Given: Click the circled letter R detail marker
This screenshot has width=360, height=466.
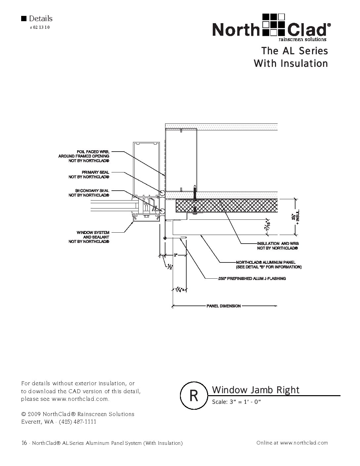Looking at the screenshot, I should (x=194, y=396).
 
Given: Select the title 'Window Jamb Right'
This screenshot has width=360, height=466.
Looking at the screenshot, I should (x=255, y=390).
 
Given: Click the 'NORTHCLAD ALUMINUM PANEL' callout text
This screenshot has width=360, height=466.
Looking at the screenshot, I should (x=268, y=264).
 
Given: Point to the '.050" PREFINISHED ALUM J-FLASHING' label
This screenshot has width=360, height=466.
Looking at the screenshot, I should (x=251, y=279).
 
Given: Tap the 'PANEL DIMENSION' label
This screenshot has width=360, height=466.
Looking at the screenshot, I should (x=224, y=306).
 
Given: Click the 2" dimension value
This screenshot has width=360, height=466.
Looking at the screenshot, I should (x=176, y=255).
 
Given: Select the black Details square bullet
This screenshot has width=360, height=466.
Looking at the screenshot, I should (x=23, y=19).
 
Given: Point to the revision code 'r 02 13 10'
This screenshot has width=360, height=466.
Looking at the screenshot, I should (x=40, y=27).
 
